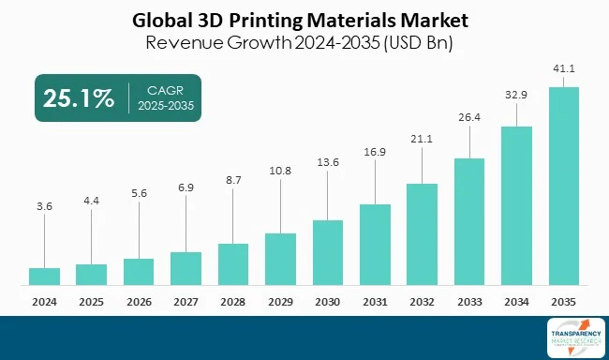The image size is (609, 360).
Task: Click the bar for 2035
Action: pyautogui.click(x=563, y=186)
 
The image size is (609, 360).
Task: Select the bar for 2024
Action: pyautogui.click(x=44, y=276)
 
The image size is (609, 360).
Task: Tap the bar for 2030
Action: pyautogui.click(x=327, y=252)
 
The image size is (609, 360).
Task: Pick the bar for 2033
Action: pyautogui.click(x=469, y=221)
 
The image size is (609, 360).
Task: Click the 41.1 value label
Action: pyautogui.click(x=563, y=69)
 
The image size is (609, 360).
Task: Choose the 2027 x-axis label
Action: pyautogui.click(x=186, y=301)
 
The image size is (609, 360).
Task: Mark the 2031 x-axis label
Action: pyautogui.click(x=375, y=301)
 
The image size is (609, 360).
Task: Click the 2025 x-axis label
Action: pyautogui.click(x=91, y=301)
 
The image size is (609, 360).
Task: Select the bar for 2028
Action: pyautogui.click(x=232, y=263)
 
